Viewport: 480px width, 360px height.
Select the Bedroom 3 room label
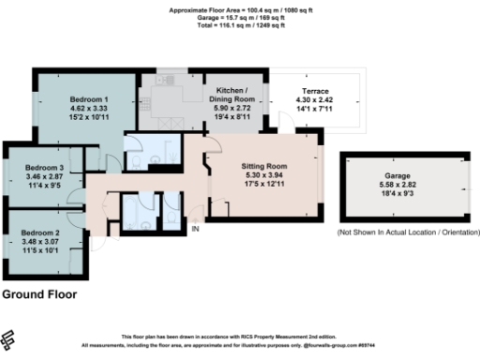(43, 168)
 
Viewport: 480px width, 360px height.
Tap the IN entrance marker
(196, 230)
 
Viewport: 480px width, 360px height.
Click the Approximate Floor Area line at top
(239, 8)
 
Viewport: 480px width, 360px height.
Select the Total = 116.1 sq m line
(239, 24)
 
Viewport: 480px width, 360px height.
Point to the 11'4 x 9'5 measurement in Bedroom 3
(43, 186)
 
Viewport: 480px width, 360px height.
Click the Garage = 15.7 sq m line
(239, 17)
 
